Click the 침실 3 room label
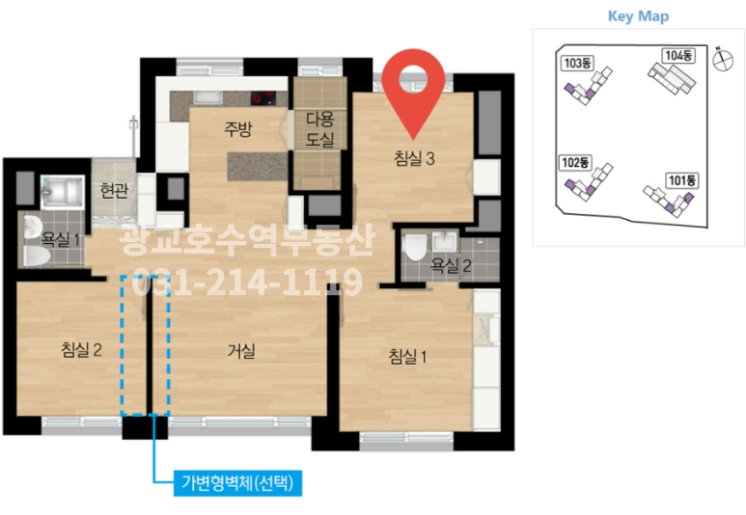pyautogui.click(x=414, y=158)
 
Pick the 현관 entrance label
pyautogui.click(x=115, y=190)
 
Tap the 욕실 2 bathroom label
pyautogui.click(x=451, y=263)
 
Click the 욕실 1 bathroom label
pyautogui.click(x=60, y=237)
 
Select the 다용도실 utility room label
pyautogui.click(x=319, y=129)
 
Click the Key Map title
pyautogui.click(x=638, y=16)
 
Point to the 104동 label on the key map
pyautogui.click(x=677, y=55)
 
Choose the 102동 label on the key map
pyautogui.click(x=574, y=162)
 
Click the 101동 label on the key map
pyautogui.click(x=680, y=179)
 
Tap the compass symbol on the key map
pyautogui.click(x=719, y=58)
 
